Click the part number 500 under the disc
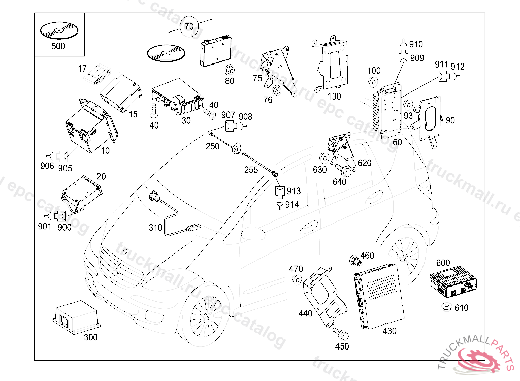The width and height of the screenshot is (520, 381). tap(58, 46)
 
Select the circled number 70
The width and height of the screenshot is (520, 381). tap(189, 26)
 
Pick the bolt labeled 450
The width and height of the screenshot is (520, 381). tap(340, 334)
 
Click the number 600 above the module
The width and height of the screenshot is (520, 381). tap(443, 263)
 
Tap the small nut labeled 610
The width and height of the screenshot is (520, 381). tap(447, 306)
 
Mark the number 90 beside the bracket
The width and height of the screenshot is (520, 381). tap(450, 120)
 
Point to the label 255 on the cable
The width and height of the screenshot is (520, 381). tap(251, 170)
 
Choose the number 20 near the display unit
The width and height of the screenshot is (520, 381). tap(101, 176)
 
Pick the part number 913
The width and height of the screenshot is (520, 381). tap(294, 191)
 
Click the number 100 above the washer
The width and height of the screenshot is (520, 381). tap(374, 70)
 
